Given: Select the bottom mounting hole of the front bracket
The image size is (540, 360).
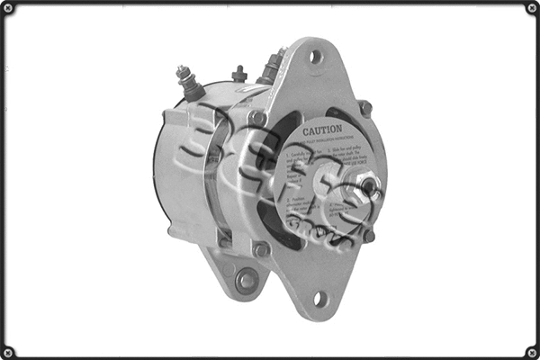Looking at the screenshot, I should point(319,299).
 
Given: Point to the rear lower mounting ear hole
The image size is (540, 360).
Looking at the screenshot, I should point(245,280).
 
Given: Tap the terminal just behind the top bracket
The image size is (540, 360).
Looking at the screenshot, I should point(270,65).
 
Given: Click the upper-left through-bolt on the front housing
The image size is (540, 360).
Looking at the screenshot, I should point(257,117).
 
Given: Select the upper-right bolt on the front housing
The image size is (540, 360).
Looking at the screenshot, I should point(364,107).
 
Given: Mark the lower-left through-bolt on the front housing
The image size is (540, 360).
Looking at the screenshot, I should point(260,249).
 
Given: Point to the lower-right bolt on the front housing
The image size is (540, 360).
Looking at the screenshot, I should point(367,236).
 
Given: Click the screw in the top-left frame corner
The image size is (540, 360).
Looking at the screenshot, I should point(8,8).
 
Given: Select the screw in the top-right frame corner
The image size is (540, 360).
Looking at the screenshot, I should point(531,8).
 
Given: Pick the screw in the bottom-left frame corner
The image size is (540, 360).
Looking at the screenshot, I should point(8,351).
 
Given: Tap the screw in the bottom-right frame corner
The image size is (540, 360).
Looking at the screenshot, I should point(531,351).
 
